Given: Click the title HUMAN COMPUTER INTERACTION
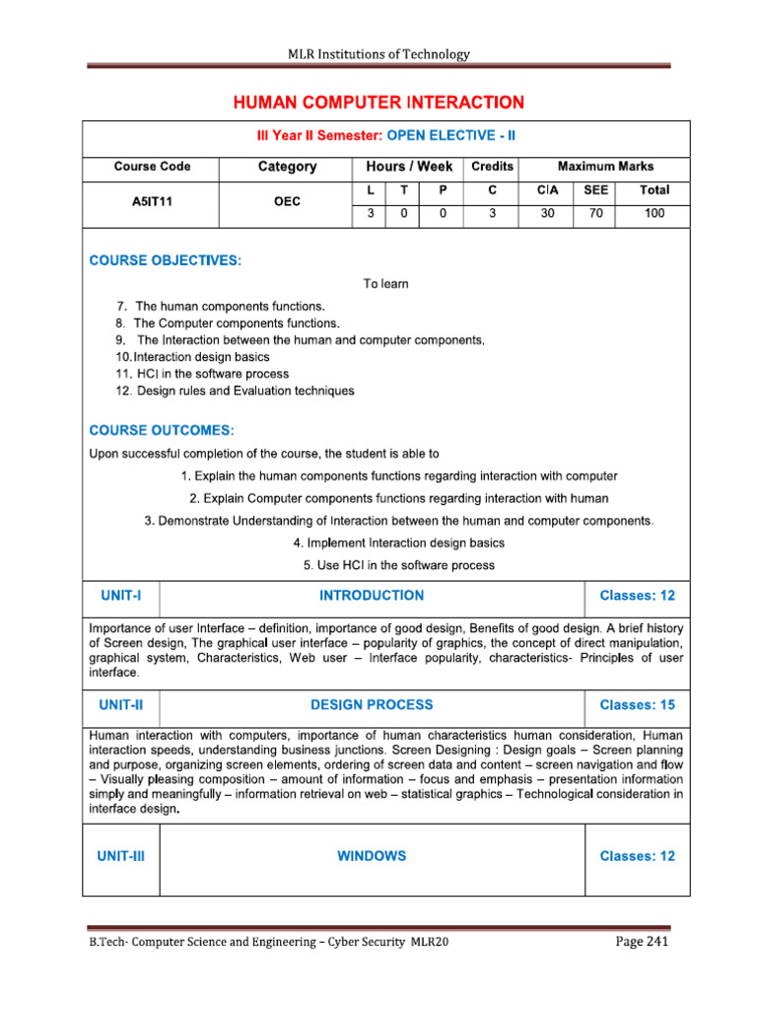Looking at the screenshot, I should pos(378,103).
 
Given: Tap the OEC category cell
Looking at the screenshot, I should pos(287,200).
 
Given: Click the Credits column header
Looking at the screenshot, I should pos(492,167).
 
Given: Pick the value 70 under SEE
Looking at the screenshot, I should pos(596,212).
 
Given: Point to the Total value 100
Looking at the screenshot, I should pos(654,212).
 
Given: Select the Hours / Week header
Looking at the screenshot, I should pos(408,167).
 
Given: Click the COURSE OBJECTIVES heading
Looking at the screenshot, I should pos(165,260).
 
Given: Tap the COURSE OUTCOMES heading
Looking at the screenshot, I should pos(162,430).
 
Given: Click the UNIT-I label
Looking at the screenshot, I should pos(121,596).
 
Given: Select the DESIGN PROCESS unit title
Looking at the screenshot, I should pos(371,705).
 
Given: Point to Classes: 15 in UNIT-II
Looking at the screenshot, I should pos(637,705).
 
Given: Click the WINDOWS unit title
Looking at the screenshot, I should pos(371,856).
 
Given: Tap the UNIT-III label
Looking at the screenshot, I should pos(121,856).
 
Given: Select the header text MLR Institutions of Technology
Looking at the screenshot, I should pos(378,54).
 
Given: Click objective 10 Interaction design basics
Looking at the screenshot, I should pos(192,356).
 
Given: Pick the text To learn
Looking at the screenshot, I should pos(385,284).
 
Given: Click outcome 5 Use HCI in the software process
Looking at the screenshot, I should pos(399,565).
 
